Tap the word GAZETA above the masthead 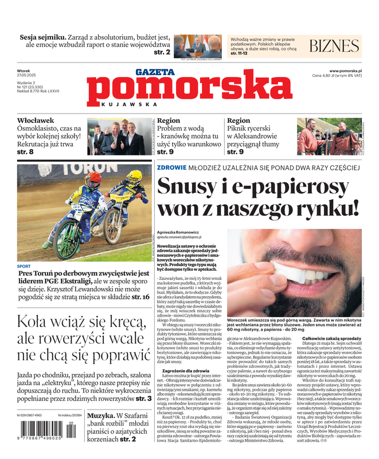pos(155,72)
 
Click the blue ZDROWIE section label pos(171,168)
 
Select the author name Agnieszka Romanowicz pos(178,233)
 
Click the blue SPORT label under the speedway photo pos(24,266)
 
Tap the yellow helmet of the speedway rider pos(135,176)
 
